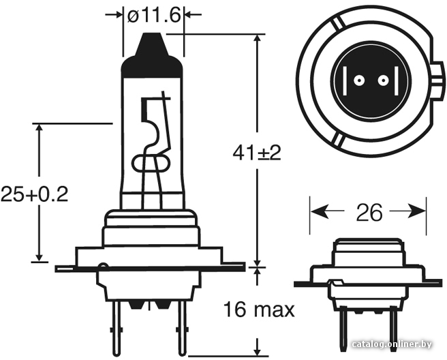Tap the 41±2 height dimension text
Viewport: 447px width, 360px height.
tap(257, 153)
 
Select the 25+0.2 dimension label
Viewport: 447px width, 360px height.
tap(35, 194)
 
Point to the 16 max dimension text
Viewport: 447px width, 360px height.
tap(258, 310)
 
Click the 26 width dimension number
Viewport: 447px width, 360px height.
tap(369, 213)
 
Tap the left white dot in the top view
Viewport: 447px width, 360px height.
tap(358, 81)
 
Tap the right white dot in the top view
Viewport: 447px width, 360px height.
tap(383, 81)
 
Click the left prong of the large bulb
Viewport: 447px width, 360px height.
tap(117, 328)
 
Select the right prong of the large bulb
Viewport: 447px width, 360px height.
tap(181, 328)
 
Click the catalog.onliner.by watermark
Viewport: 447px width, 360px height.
tap(392, 344)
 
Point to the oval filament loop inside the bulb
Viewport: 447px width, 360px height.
tap(151, 164)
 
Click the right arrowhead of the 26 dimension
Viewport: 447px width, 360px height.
tap(417, 211)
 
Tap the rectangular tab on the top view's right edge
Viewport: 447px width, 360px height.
tap(438, 81)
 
